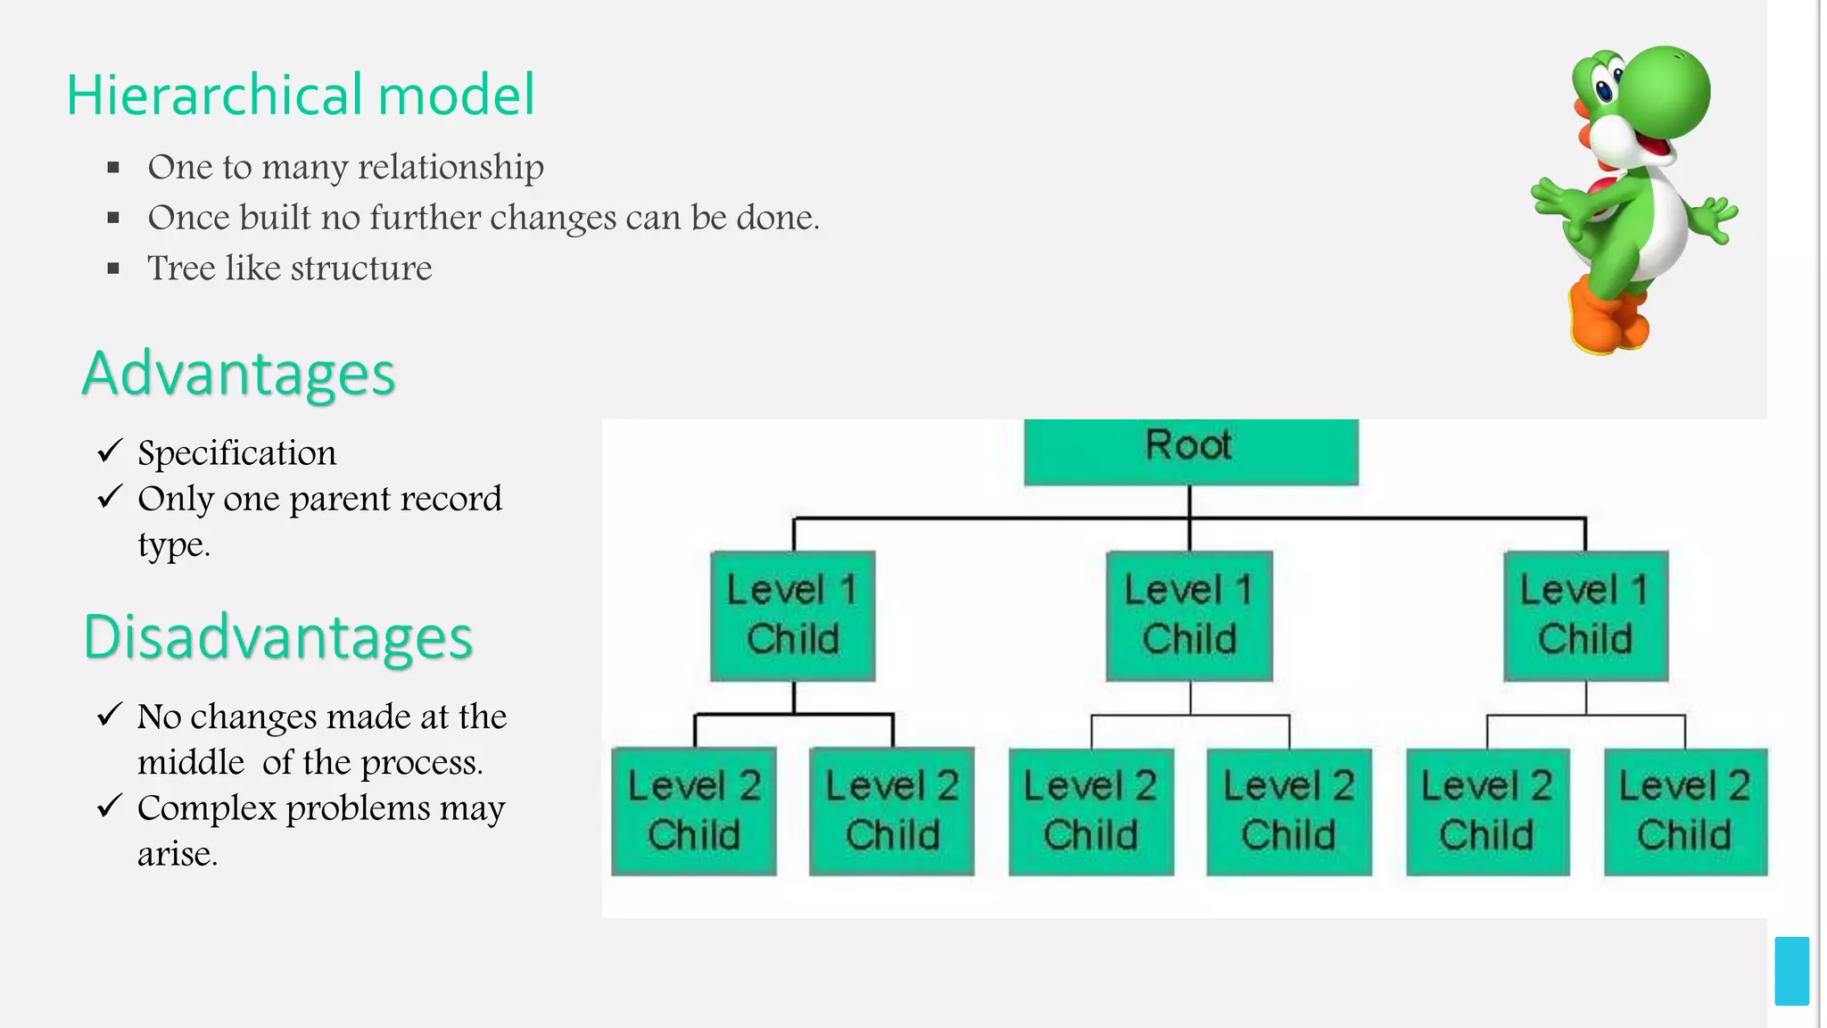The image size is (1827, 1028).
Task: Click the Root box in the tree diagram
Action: pyautogui.click(x=1190, y=451)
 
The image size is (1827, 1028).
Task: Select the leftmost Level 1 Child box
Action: pyautogui.click(x=792, y=616)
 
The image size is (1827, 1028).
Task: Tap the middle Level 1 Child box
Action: pyautogui.click(x=1189, y=616)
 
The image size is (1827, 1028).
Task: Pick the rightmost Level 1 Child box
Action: pyautogui.click(x=1585, y=616)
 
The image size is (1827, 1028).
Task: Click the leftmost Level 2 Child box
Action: pyautogui.click(x=693, y=811)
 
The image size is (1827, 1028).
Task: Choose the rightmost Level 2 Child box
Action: pyautogui.click(x=1684, y=811)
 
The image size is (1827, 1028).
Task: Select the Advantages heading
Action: pyautogui.click(x=238, y=374)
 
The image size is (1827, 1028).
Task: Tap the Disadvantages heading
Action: pyautogui.click(x=277, y=638)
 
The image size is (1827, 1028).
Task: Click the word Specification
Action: pyautogui.click(x=236, y=453)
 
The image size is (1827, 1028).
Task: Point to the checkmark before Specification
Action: pyautogui.click(x=109, y=451)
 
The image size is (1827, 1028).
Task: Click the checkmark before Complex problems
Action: pyautogui.click(x=109, y=806)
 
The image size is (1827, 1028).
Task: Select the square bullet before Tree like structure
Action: pyautogui.click(x=113, y=269)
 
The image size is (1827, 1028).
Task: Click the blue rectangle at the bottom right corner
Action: pyautogui.click(x=1791, y=971)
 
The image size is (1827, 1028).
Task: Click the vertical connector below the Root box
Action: pyautogui.click(x=1190, y=502)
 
